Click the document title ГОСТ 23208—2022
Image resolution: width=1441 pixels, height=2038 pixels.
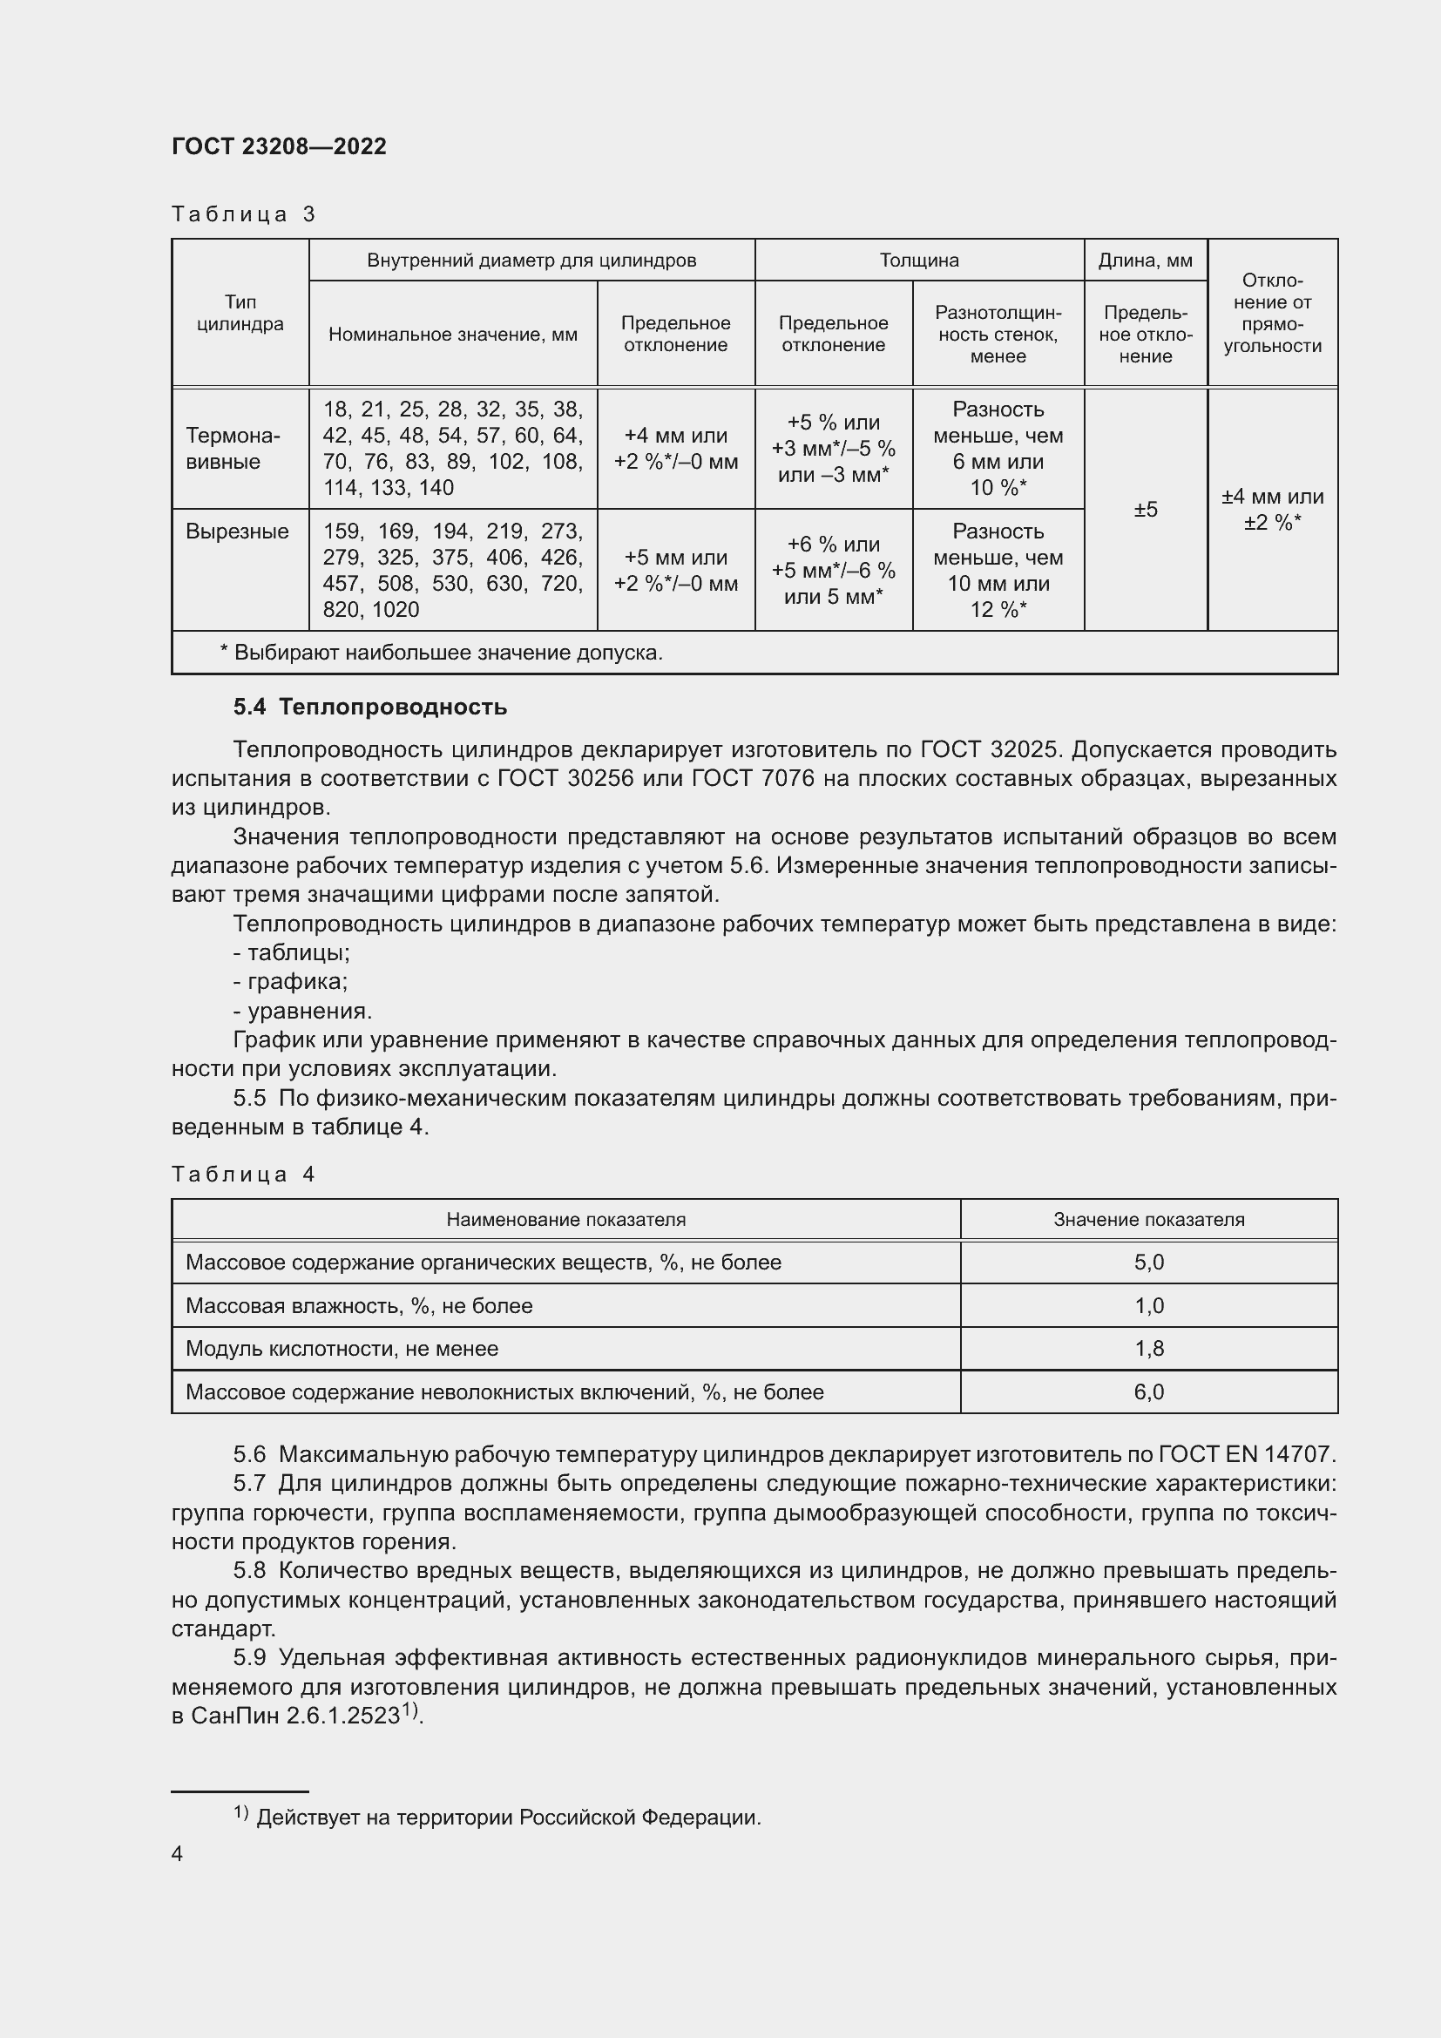click(279, 146)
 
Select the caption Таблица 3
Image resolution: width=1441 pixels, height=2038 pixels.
click(243, 214)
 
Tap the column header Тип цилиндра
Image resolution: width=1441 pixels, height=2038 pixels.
click(240, 313)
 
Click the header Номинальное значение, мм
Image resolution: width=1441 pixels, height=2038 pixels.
click(452, 335)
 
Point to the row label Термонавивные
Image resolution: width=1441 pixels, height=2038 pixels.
click(233, 448)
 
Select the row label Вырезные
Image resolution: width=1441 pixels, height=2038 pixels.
click(237, 532)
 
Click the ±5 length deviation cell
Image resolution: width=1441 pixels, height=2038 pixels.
click(1146, 510)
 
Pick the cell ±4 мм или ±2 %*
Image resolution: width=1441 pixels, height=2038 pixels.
click(1271, 510)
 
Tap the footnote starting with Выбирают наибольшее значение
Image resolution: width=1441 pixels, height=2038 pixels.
click(441, 653)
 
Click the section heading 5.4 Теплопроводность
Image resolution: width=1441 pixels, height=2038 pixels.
click(370, 707)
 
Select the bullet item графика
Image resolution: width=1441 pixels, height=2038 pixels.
click(291, 982)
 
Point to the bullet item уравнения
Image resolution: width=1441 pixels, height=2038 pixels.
click(302, 1011)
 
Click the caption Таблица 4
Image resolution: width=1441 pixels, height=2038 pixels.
click(243, 1175)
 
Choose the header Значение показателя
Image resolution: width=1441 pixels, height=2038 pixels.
click(1148, 1220)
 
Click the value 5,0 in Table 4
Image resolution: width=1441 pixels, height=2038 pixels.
click(1148, 1263)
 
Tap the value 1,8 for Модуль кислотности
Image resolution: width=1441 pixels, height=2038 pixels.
click(1148, 1348)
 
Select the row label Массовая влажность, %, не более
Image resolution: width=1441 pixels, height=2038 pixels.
click(358, 1306)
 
